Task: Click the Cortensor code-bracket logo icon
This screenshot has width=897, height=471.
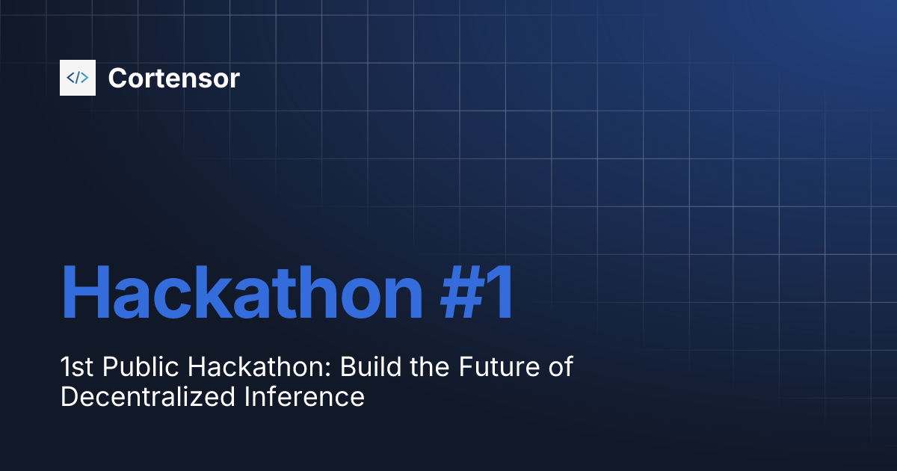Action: (x=78, y=78)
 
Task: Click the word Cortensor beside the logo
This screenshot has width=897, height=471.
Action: (x=173, y=78)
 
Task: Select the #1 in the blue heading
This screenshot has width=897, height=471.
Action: (x=475, y=294)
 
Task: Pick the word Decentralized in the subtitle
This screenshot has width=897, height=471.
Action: (x=148, y=397)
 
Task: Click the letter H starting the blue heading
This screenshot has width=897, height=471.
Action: (x=84, y=294)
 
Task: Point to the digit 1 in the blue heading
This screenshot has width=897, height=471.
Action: (x=500, y=294)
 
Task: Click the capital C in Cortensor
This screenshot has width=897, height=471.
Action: (x=117, y=78)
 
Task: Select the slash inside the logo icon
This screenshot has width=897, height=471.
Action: (x=78, y=78)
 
